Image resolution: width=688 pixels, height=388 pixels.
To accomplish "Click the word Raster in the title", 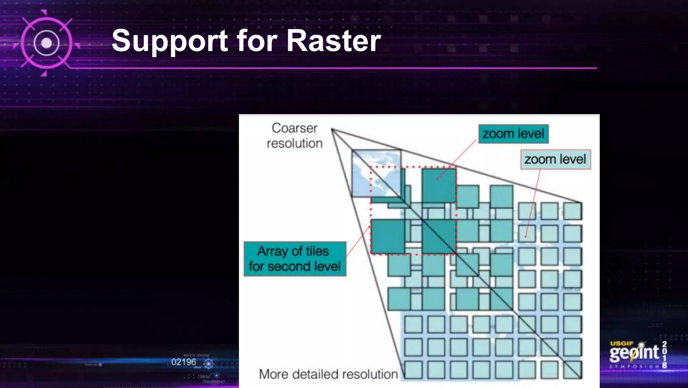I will click(333, 41).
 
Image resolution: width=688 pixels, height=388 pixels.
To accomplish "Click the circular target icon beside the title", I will click(46, 43).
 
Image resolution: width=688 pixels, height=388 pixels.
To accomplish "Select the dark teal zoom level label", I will click(513, 134).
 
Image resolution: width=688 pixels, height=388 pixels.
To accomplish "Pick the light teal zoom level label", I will click(555, 159).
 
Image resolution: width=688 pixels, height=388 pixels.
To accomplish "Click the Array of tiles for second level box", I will click(295, 259).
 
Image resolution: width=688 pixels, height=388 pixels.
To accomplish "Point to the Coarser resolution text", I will click(295, 136).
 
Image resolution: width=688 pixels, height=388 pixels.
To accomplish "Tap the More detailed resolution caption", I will click(328, 374).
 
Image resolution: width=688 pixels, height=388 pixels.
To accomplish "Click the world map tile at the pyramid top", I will click(376, 173).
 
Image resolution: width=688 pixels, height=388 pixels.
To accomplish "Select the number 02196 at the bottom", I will click(183, 362).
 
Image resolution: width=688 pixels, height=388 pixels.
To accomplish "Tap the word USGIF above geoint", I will click(621, 344).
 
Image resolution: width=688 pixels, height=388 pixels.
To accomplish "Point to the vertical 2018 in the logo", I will click(664, 354).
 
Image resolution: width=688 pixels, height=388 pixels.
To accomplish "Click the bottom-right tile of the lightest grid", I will click(572, 369).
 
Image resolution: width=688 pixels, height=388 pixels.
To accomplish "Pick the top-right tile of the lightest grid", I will click(572, 211).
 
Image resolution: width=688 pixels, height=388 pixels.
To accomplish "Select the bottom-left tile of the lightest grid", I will click(413, 369).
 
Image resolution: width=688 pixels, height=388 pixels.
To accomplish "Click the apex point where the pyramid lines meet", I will click(332, 129).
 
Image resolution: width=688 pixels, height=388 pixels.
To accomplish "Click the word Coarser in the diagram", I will click(294, 128).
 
